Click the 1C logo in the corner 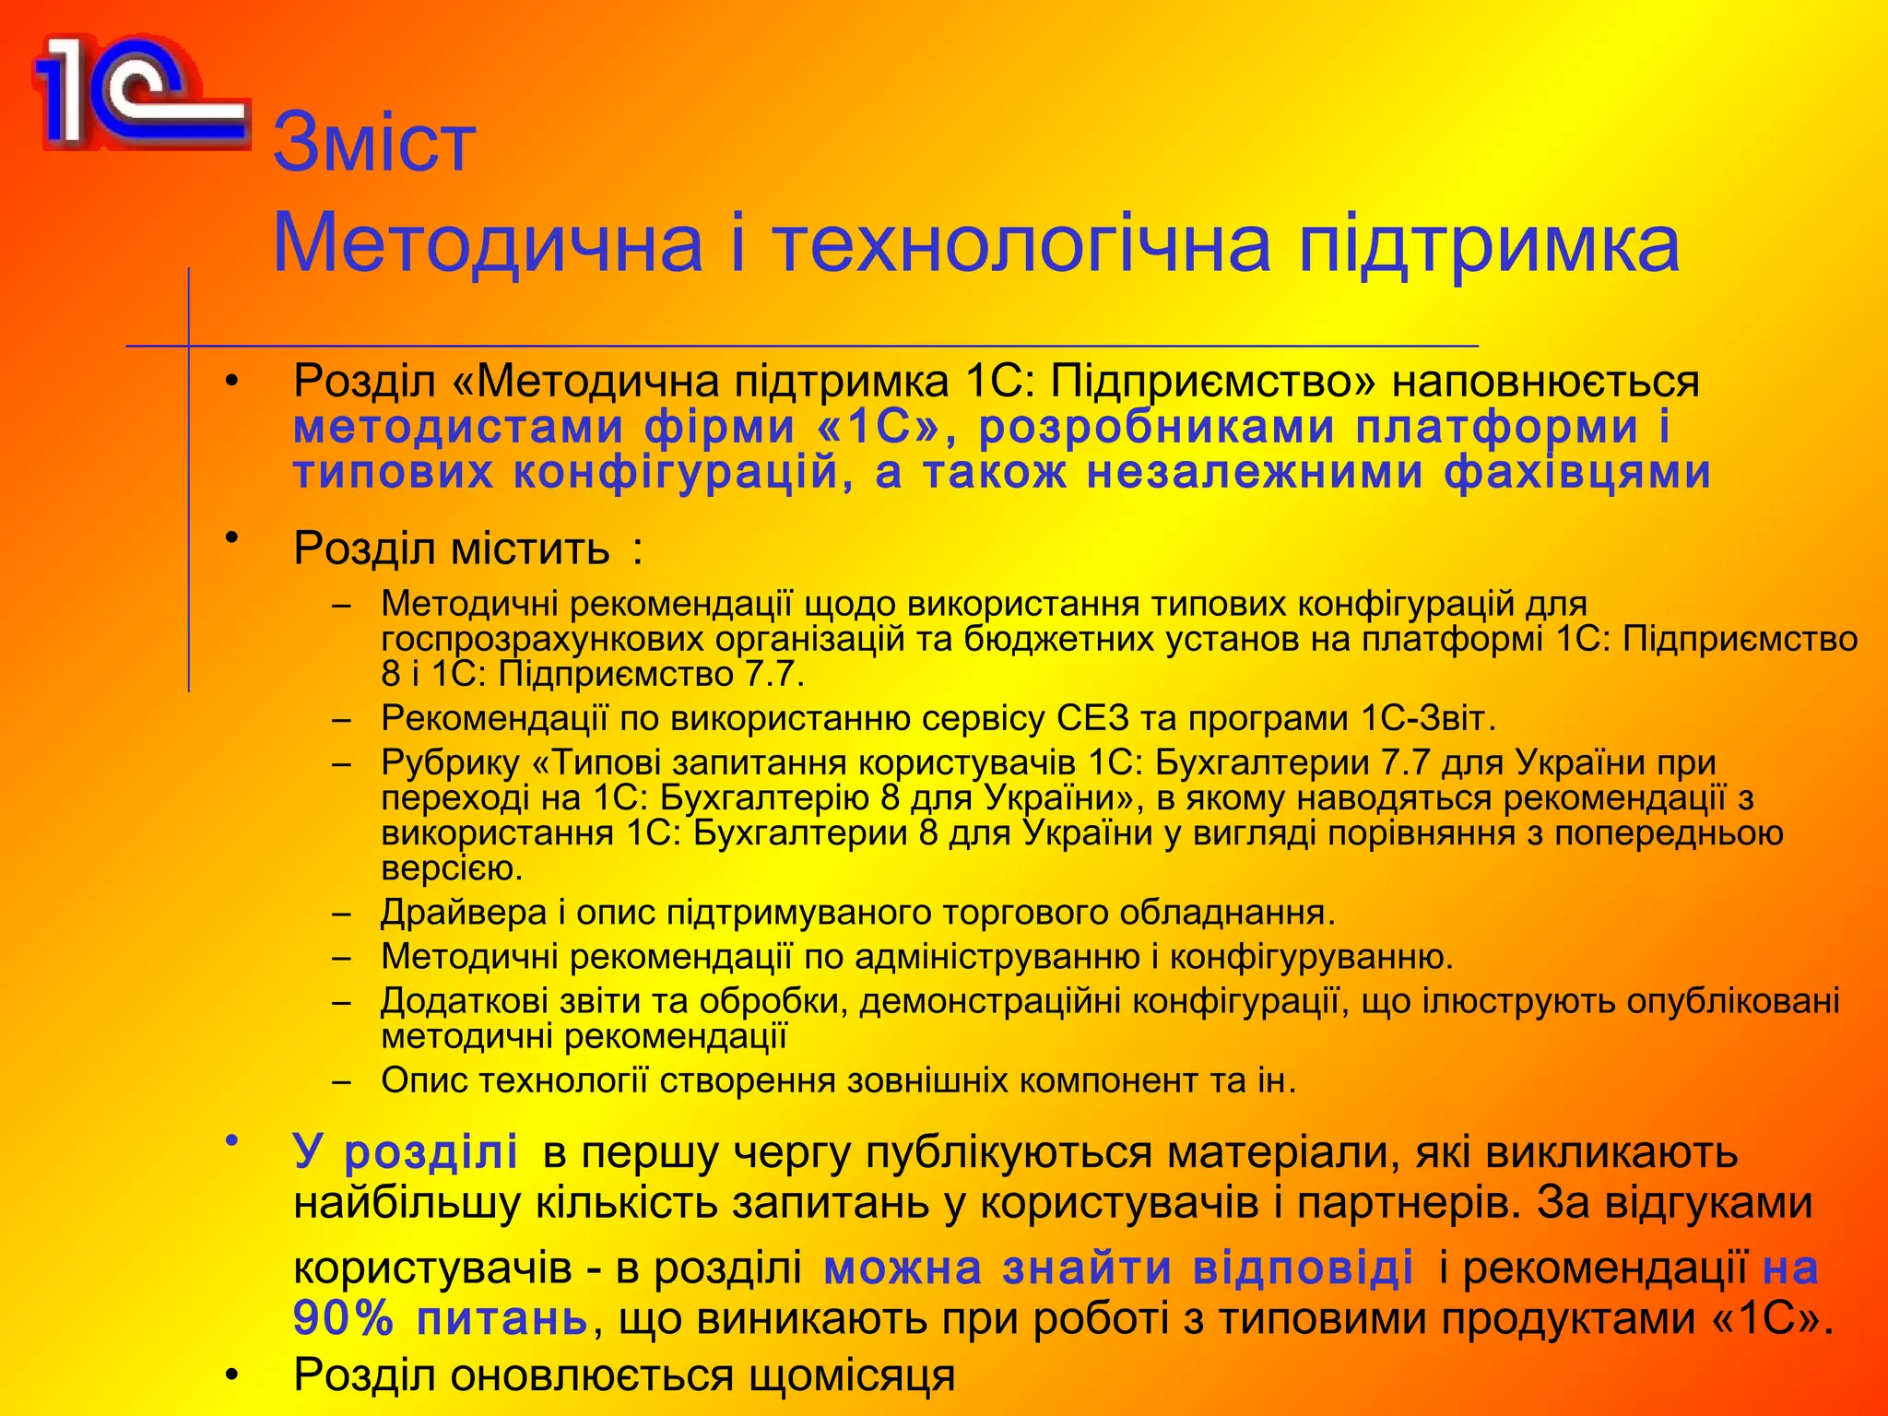(138, 92)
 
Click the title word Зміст (374, 142)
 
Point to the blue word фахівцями (1577, 472)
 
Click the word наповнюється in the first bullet (1545, 381)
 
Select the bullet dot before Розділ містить (232, 537)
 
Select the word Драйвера (463, 913)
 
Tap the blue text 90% (343, 1318)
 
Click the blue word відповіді (1303, 1268)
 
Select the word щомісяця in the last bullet (852, 1375)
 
